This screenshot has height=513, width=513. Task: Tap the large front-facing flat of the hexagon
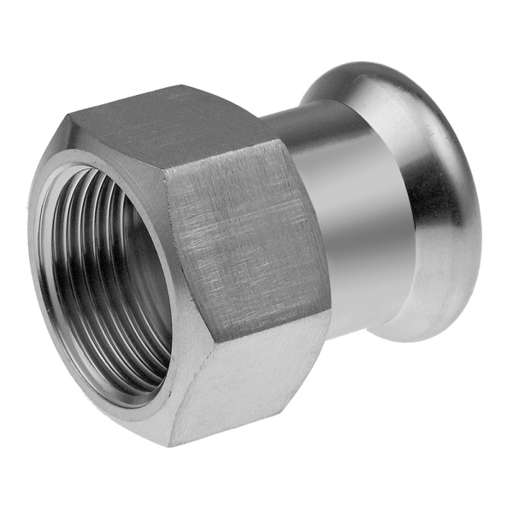244,231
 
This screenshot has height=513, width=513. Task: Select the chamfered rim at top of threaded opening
94,162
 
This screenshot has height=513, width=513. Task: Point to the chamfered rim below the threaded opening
128,402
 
